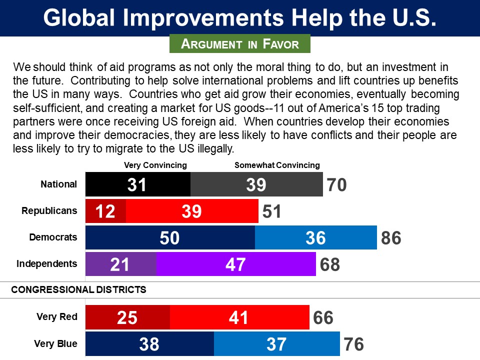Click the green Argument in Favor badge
[x=240, y=43]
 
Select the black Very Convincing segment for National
[x=138, y=184]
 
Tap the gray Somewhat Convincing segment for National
[x=256, y=184]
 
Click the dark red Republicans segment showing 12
[x=105, y=211]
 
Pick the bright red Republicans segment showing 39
[x=192, y=211]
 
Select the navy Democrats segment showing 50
[x=170, y=237]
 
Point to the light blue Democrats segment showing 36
[x=315, y=237]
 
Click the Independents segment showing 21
[x=121, y=264]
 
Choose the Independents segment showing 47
[x=236, y=264]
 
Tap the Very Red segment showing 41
[x=239, y=317]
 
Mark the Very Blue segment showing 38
[x=149, y=343]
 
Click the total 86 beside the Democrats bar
[x=391, y=238]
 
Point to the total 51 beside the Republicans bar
[x=271, y=211]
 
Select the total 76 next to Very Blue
[x=353, y=344]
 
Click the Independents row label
[x=47, y=263]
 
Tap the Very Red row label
[x=57, y=316]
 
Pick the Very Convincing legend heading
[x=155, y=165]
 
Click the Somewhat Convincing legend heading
[x=277, y=165]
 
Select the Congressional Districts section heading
[x=79, y=289]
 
